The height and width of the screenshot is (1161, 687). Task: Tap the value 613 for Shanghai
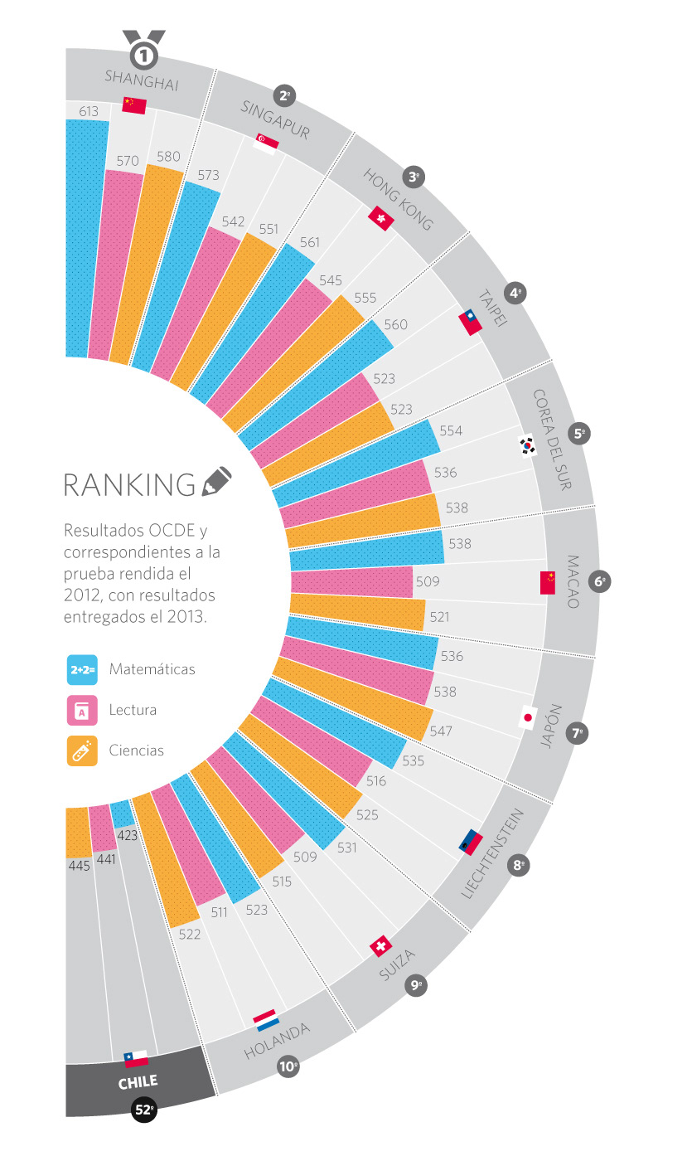click(89, 111)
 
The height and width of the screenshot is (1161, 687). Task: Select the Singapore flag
click(267, 143)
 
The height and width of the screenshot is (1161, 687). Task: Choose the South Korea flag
click(528, 445)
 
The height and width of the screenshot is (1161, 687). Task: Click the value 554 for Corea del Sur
click(452, 431)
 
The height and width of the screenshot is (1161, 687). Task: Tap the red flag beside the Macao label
click(547, 582)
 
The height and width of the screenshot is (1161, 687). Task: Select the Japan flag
click(527, 717)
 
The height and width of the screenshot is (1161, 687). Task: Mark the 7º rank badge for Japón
click(578, 733)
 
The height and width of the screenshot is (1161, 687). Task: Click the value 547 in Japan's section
click(441, 731)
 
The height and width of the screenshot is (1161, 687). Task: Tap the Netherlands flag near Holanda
click(266, 1021)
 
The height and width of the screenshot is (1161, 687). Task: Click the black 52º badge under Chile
click(144, 1109)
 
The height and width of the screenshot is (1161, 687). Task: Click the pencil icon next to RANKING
click(217, 482)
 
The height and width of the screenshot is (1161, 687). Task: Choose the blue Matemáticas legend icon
click(82, 669)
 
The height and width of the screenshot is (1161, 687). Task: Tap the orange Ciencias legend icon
click(82, 751)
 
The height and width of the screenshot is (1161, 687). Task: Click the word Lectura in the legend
click(133, 710)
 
